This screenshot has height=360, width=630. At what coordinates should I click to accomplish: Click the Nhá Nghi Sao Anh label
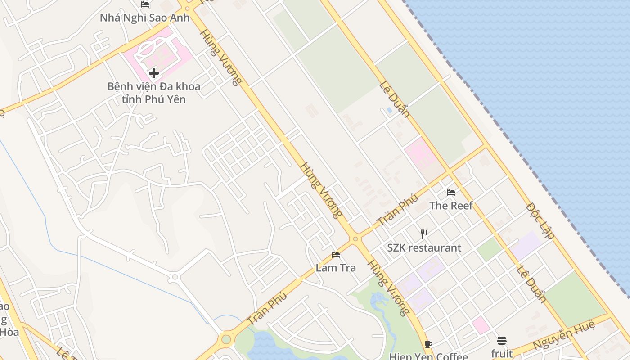(145, 18)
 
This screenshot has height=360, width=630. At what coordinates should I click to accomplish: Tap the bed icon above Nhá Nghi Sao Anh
(145, 4)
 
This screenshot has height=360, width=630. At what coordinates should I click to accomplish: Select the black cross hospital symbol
(154, 73)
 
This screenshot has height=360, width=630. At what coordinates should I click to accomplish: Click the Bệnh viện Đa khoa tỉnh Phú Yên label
(154, 93)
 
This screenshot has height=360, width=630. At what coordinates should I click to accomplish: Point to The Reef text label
(451, 206)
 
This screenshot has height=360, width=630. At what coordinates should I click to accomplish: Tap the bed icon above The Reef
(451, 193)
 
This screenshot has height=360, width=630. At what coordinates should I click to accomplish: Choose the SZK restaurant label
(424, 248)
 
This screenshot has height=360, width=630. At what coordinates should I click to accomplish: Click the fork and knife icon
(424, 234)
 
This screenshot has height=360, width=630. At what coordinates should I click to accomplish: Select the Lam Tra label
(336, 268)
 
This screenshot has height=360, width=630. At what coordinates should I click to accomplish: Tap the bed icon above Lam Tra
(336, 255)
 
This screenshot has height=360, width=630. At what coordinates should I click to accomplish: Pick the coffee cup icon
(428, 345)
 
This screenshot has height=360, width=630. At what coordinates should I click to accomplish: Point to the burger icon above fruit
(502, 341)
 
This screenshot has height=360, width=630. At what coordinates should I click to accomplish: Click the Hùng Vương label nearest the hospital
(221, 57)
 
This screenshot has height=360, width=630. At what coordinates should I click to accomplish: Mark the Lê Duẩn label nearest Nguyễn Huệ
(531, 283)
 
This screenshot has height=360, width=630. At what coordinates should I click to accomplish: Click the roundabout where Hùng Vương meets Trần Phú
(355, 239)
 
